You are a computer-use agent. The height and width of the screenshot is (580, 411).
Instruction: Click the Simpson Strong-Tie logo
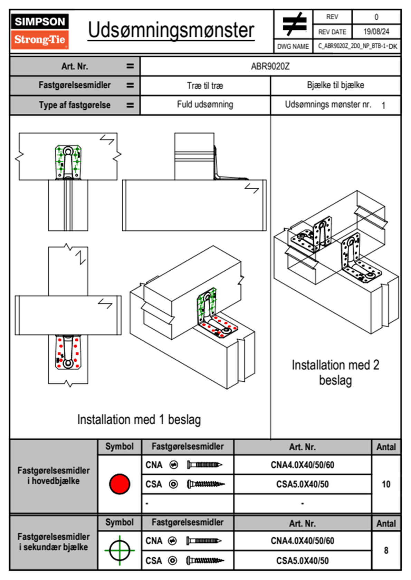[39, 31]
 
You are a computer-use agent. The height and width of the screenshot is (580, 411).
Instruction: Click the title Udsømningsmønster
[171, 30]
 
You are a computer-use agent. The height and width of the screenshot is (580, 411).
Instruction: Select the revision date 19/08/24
[376, 32]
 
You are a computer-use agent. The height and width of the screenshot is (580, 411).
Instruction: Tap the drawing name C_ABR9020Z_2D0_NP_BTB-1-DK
[357, 46]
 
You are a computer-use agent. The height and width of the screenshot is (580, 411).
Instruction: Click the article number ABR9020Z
[270, 66]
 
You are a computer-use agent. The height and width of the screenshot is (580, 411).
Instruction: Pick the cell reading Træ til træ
[205, 86]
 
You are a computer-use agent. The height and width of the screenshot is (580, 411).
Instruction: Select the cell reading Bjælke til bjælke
[335, 85]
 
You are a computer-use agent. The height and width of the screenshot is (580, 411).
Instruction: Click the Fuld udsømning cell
[205, 104]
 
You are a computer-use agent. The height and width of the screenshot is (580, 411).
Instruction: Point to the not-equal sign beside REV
[294, 24]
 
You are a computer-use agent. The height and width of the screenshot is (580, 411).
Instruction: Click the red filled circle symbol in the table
[120, 484]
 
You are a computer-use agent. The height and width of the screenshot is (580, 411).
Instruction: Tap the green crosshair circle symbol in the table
[120, 550]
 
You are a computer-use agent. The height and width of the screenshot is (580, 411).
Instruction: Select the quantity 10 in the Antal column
[386, 484]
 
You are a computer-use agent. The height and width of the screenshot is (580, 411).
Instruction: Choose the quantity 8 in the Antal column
[386, 550]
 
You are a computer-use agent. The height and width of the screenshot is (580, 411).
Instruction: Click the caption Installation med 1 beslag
[139, 420]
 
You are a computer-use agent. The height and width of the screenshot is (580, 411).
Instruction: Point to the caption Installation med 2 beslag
[335, 373]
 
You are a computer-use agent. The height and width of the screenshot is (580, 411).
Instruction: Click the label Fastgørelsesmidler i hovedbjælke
[54, 476]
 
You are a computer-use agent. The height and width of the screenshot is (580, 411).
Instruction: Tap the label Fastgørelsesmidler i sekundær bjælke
[54, 542]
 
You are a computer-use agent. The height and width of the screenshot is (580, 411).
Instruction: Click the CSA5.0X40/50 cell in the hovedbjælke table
[302, 484]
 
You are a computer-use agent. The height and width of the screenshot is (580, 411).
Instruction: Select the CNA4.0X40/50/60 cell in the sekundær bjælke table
[302, 541]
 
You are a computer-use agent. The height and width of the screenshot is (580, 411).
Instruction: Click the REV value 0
[376, 17]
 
